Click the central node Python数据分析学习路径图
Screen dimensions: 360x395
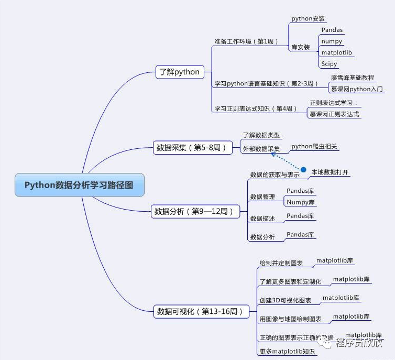pos(79,185)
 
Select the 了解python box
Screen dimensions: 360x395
pos(179,72)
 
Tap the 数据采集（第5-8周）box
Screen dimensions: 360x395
pos(192,148)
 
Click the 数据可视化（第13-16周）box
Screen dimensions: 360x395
pos(200,311)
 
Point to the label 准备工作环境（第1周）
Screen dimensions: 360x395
pos(246,41)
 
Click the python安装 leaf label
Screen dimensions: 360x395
pos(308,19)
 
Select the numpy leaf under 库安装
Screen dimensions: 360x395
pos(332,41)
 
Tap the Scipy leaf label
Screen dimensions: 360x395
pos(329,64)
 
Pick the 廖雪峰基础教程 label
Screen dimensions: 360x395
pos(352,78)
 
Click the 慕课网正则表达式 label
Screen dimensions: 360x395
pos(334,114)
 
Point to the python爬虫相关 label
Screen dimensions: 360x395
pos(315,147)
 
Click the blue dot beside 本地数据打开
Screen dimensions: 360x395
pos(303,170)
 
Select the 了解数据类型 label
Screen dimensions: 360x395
pos(261,135)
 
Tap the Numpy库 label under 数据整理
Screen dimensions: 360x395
pos(300,202)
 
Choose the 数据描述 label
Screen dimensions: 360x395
pos(262,219)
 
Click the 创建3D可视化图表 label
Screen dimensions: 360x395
pos(285,300)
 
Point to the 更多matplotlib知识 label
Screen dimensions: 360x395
pos(287,352)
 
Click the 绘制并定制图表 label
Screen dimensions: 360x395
pos(281,263)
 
